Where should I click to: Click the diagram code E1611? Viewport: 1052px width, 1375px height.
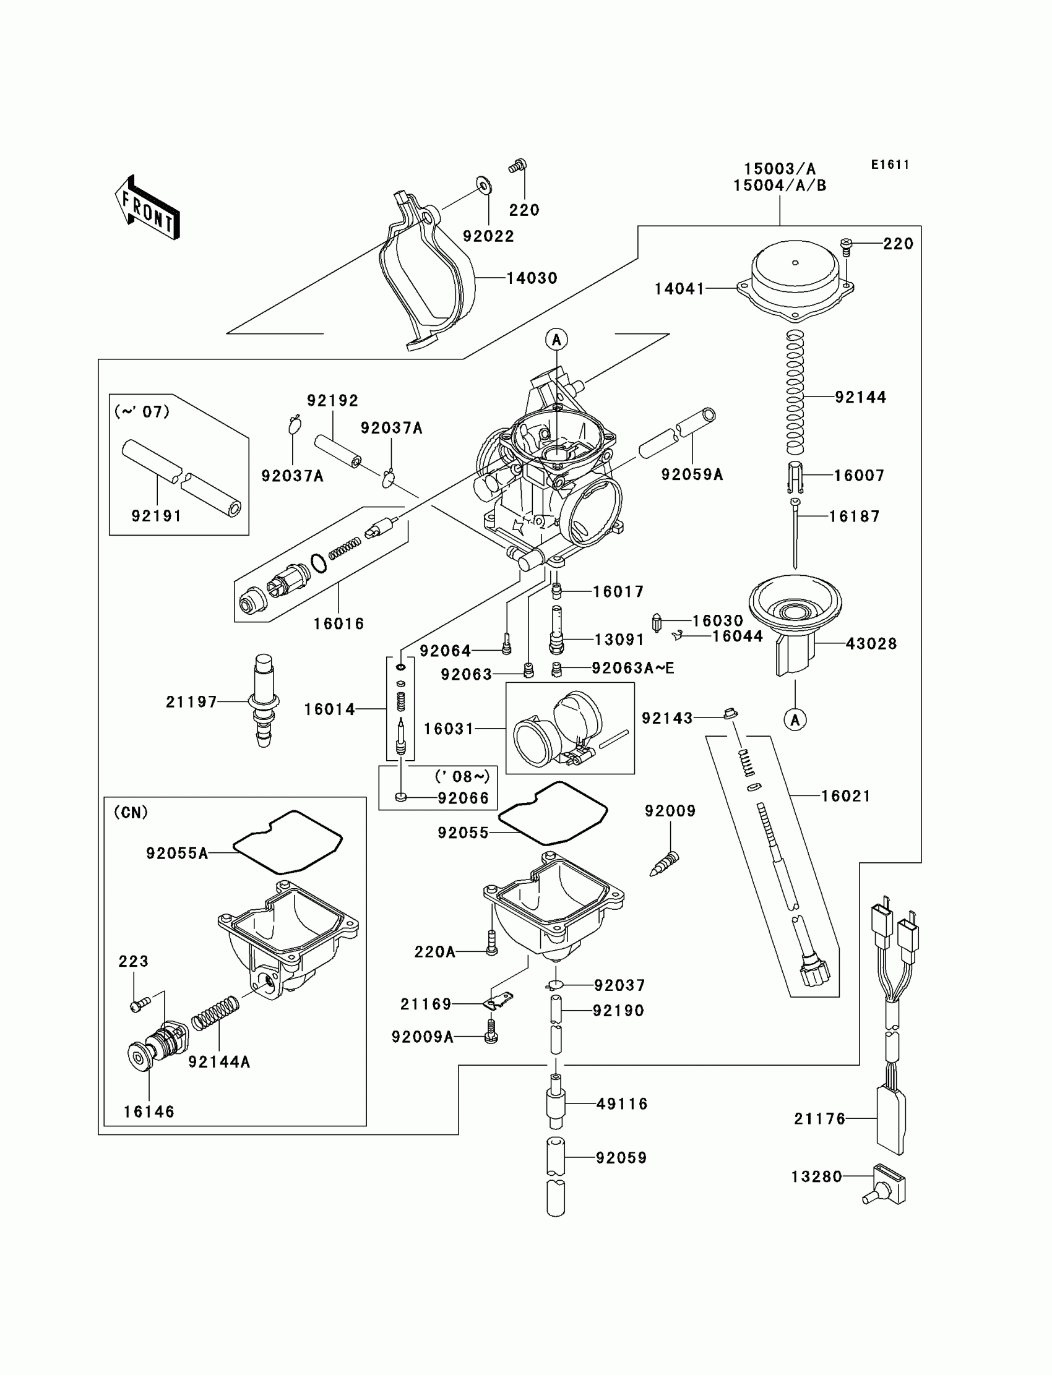click(890, 165)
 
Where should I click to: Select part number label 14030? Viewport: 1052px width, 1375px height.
click(532, 278)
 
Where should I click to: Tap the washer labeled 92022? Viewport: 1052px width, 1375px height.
click(483, 186)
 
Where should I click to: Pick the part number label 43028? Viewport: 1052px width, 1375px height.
click(871, 643)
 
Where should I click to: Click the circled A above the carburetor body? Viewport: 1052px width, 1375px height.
click(557, 340)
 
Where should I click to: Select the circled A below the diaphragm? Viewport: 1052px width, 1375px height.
click(795, 720)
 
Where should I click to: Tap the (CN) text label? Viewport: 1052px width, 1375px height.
click(131, 812)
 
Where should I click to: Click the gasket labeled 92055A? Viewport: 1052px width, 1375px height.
click(287, 842)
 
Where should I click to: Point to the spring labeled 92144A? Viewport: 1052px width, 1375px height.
click(215, 1013)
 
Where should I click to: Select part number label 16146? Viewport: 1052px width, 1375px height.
click(149, 1112)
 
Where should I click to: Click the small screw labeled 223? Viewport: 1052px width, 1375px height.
click(140, 1004)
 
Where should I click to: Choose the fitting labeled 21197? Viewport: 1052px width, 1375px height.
click(264, 700)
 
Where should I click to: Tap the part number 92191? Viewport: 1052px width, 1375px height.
click(157, 516)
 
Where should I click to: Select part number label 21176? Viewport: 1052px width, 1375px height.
click(820, 1118)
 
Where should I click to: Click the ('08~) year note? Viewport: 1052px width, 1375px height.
click(462, 777)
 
